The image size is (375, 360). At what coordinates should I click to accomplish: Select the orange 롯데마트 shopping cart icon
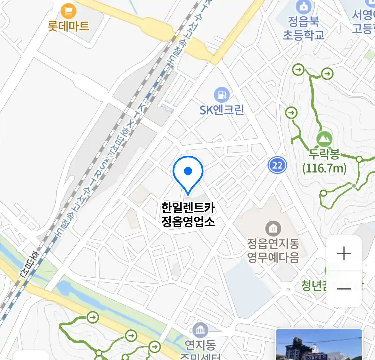[x=69, y=12]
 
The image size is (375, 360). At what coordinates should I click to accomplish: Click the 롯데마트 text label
[x=69, y=26]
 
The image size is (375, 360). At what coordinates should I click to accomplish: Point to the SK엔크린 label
[x=222, y=110]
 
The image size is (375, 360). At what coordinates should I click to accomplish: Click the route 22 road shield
[x=277, y=165]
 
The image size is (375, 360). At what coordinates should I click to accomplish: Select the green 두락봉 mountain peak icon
[x=324, y=139]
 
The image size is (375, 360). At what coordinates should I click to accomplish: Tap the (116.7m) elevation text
[x=324, y=168]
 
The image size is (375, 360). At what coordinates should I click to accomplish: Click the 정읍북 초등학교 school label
[x=303, y=29]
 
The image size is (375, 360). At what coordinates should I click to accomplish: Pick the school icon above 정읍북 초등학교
[x=304, y=7]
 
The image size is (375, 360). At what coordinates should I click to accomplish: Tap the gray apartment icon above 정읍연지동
[x=273, y=229]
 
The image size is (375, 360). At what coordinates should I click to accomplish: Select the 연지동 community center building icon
[x=200, y=330]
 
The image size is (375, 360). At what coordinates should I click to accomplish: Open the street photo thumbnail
[x=319, y=345]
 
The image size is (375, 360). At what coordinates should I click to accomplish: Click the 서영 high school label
[x=364, y=22]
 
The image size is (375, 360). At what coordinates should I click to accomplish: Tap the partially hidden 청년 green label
[x=313, y=285]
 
